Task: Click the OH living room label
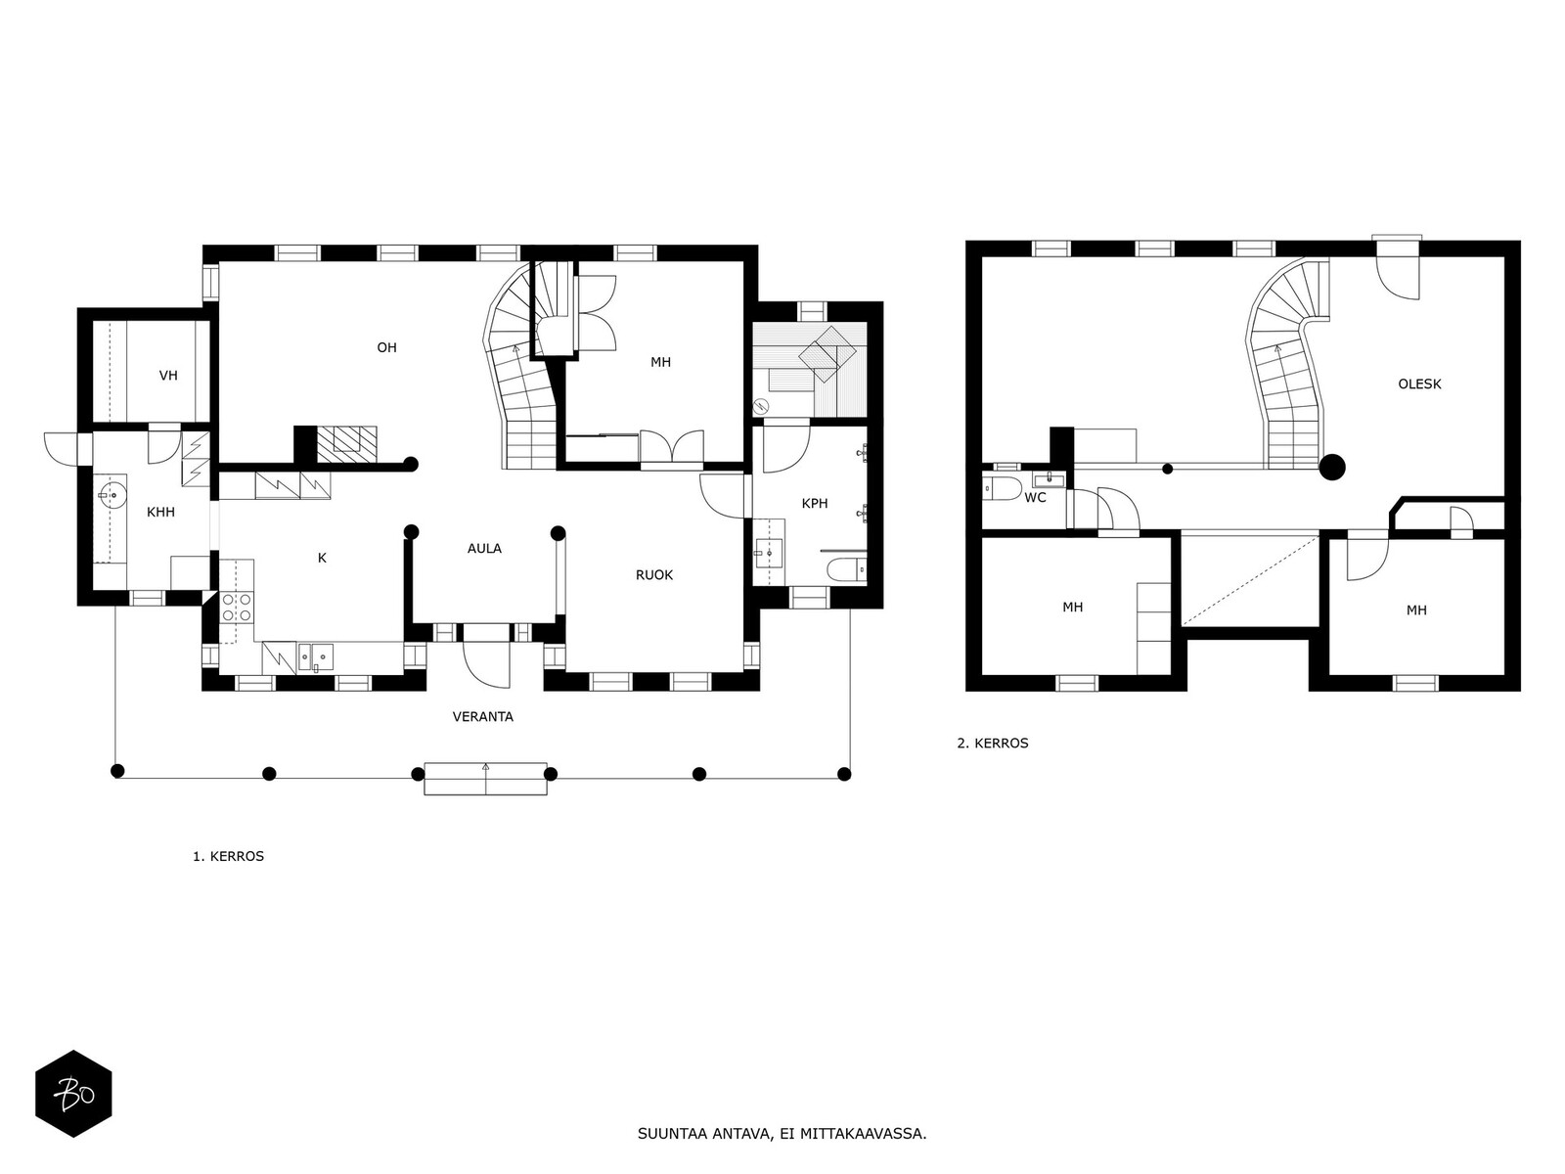coord(386,348)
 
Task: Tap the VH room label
coord(168,376)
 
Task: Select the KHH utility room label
coord(160,512)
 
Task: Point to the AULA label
coord(484,548)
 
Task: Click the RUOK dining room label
coord(653,575)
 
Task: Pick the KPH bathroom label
coord(814,503)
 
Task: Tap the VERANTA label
coord(482,716)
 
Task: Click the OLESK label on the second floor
coord(1419,384)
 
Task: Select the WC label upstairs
coord(1035,498)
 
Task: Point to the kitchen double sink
coord(316,657)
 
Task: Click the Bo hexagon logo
coord(73,1094)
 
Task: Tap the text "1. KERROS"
coord(228,856)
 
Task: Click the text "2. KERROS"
coord(993,743)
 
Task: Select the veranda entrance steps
coord(485,779)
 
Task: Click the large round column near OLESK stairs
coord(1332,468)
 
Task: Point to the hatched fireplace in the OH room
coord(346,440)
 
